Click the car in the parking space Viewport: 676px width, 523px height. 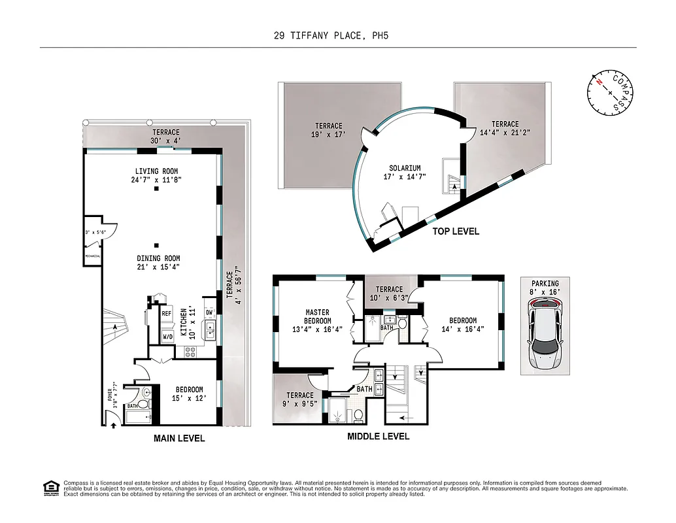546,331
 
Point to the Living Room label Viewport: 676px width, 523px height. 156,175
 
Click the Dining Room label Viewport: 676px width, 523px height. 158,262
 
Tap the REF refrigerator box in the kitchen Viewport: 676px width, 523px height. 166,314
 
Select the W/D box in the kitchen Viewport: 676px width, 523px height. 167,337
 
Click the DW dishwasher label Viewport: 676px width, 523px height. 209,312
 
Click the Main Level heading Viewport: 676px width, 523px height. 179,438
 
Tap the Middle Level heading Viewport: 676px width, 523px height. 378,436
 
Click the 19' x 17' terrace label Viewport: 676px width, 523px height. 328,130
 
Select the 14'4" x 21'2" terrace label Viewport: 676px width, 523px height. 505,128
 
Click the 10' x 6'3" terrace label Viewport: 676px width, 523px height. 389,294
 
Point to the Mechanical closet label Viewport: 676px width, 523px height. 92,256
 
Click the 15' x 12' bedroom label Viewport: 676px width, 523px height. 189,394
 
